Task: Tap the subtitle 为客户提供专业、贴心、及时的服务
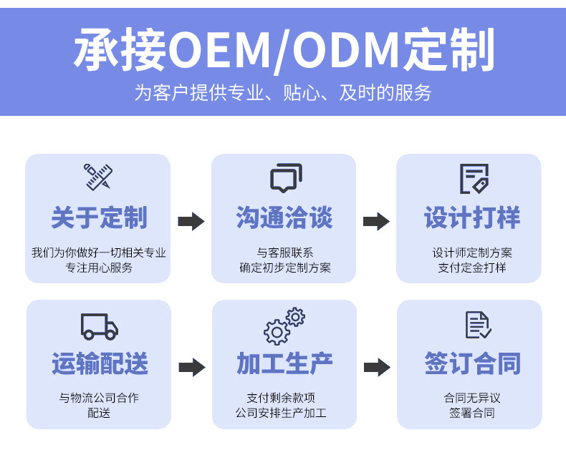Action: pyautogui.click(x=283, y=92)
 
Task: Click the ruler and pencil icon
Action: pyautogui.click(x=98, y=177)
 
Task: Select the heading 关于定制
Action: pyautogui.click(x=99, y=217)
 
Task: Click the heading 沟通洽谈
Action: pyautogui.click(x=284, y=217)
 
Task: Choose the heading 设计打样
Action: pyautogui.click(x=471, y=217)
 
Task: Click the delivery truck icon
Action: pyautogui.click(x=99, y=326)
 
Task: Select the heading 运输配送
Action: pyautogui.click(x=100, y=364)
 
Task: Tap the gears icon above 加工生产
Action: pyautogui.click(x=284, y=326)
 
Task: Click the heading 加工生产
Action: pyautogui.click(x=284, y=364)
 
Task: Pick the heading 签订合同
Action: pyautogui.click(x=472, y=364)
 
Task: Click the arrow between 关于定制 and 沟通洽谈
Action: pyautogui.click(x=191, y=221)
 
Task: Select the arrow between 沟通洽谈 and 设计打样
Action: pyautogui.click(x=376, y=221)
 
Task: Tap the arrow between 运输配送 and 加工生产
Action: pyautogui.click(x=191, y=368)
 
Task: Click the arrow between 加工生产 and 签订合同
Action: pyautogui.click(x=377, y=368)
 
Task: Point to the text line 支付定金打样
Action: pyautogui.click(x=471, y=268)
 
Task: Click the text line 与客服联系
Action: pyautogui.click(x=285, y=253)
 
